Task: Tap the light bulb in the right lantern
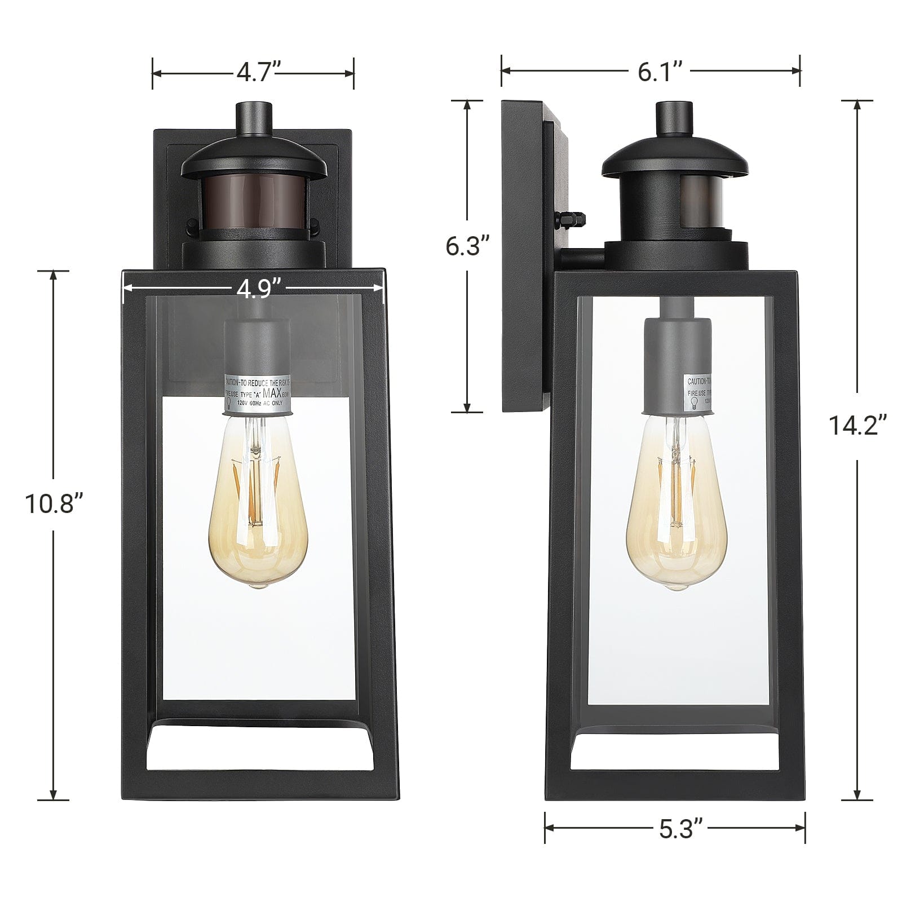pos(676,513)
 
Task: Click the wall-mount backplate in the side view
pos(524,254)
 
